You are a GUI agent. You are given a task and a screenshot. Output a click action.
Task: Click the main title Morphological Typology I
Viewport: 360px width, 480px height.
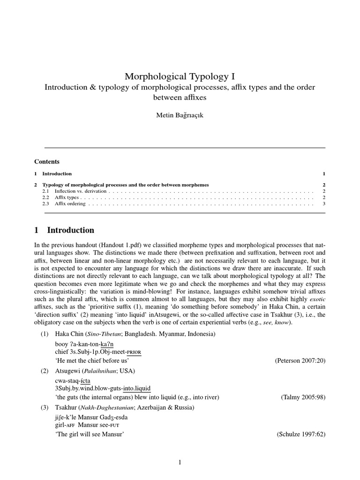tap(180, 76)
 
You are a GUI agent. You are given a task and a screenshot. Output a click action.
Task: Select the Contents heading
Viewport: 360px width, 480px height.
tap(47, 162)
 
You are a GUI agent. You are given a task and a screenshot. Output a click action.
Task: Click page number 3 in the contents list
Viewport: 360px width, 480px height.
tap(323, 204)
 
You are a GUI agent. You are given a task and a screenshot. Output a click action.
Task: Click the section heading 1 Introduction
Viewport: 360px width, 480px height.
tap(64, 230)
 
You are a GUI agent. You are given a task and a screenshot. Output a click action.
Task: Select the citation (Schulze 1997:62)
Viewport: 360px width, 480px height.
tap(301, 434)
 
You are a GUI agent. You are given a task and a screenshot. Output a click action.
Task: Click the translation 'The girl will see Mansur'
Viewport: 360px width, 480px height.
tap(89, 434)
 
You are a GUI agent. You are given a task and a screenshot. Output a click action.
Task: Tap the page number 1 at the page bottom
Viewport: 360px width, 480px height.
tap(180, 463)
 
